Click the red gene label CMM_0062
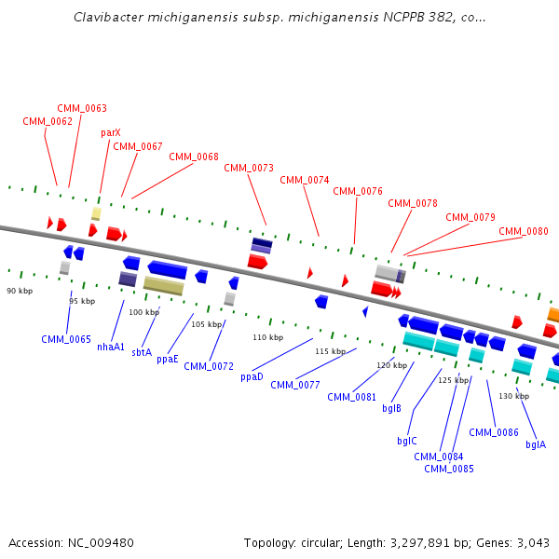coord(48,121)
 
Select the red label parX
coord(111,132)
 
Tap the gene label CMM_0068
coord(194,157)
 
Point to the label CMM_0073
coord(249,168)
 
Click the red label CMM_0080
coord(524,231)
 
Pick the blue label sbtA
coord(142,352)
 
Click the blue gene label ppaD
coord(252,376)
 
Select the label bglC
coord(407,441)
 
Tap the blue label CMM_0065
coord(66,339)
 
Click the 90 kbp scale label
coord(20,292)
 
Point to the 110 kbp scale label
coord(267,337)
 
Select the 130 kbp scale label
coord(513,396)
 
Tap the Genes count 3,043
coord(533,542)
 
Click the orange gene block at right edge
coord(553,314)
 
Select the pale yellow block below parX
coord(96,213)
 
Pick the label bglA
coord(536,444)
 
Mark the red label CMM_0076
coord(358,191)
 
